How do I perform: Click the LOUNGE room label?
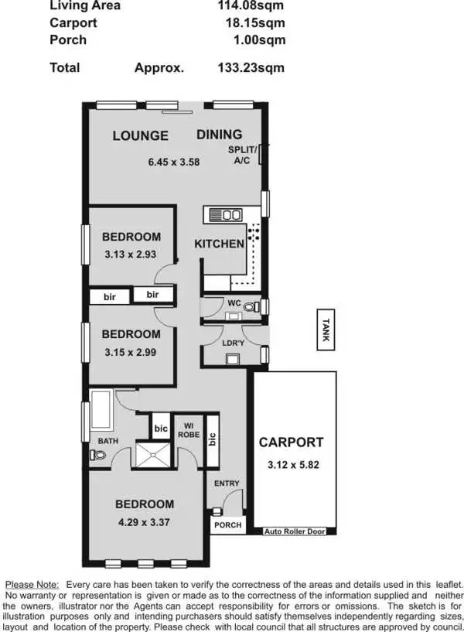point(140,136)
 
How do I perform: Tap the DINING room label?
point(219,135)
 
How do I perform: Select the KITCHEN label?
point(219,244)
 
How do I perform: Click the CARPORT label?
point(291,442)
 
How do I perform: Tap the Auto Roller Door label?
point(295,531)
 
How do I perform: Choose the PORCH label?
point(227,525)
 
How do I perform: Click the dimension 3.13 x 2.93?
point(131,253)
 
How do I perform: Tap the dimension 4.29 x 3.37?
point(144,522)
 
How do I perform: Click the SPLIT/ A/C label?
point(242,155)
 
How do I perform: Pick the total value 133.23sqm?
point(251,67)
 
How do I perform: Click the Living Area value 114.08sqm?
point(251,5)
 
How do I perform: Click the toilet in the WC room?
point(250,307)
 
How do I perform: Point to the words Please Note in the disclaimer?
point(32,583)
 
